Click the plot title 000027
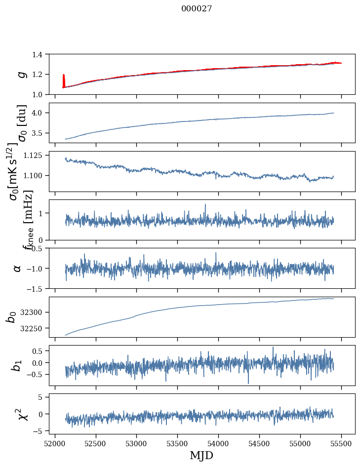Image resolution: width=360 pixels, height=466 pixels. (x=197, y=9)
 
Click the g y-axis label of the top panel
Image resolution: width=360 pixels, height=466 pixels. (x=21, y=74)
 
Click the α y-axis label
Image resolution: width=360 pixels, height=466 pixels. (x=18, y=268)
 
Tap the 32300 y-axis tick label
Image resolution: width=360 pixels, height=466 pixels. (x=33, y=312)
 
